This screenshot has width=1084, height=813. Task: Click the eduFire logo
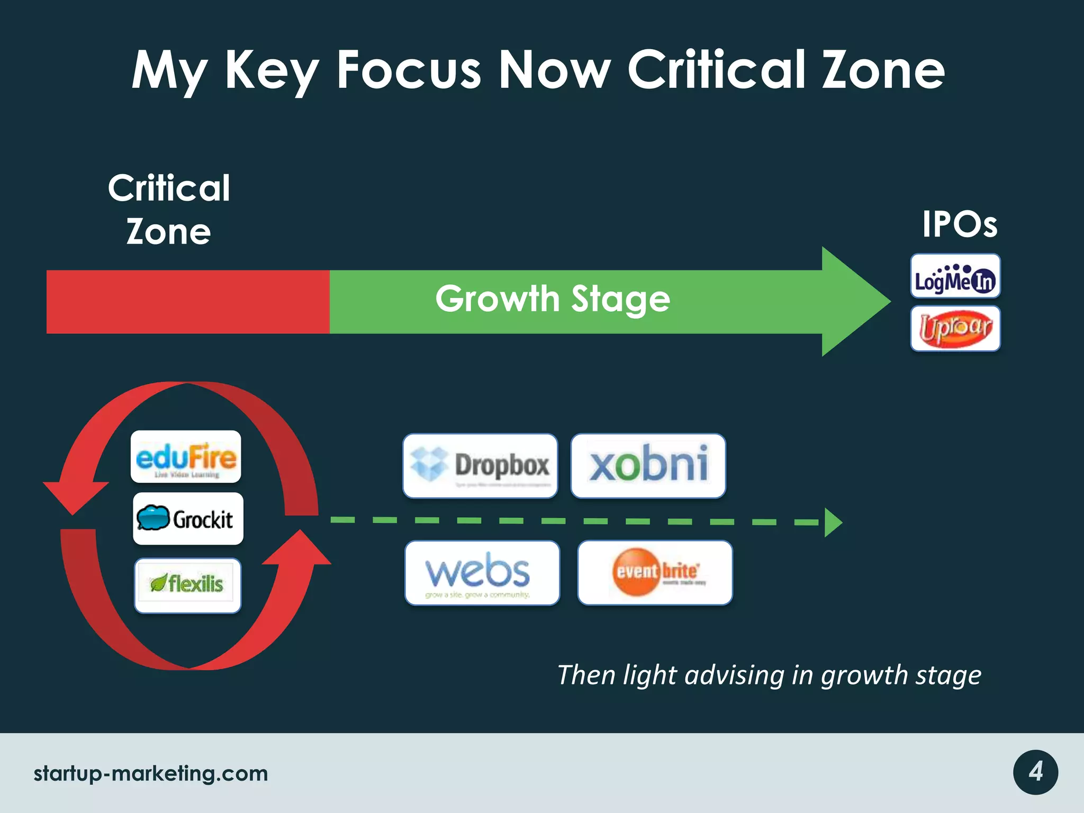pyautogui.click(x=186, y=457)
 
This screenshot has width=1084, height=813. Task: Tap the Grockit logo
pyautogui.click(x=188, y=519)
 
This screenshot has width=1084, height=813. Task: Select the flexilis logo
pyautogui.click(x=188, y=585)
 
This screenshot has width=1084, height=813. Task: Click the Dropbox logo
pyautogui.click(x=480, y=466)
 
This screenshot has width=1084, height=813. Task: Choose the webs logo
pyautogui.click(x=482, y=573)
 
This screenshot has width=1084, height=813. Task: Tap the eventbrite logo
pyautogui.click(x=655, y=573)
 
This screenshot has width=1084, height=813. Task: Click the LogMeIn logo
pyautogui.click(x=955, y=276)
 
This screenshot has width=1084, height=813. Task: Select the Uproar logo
pyautogui.click(x=955, y=328)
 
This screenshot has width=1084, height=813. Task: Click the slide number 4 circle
pyautogui.click(x=1035, y=772)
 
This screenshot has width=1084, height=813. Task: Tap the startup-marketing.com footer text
pyautogui.click(x=151, y=773)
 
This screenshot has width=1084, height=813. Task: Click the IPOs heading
pyautogui.click(x=959, y=224)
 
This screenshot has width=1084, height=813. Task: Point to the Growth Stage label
pyautogui.click(x=553, y=299)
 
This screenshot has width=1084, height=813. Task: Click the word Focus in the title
pyautogui.click(x=409, y=70)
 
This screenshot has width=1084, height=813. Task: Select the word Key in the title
pyautogui.click(x=272, y=71)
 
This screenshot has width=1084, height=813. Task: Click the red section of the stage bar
pyautogui.click(x=188, y=302)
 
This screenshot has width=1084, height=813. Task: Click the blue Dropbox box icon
pyautogui.click(x=429, y=464)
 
